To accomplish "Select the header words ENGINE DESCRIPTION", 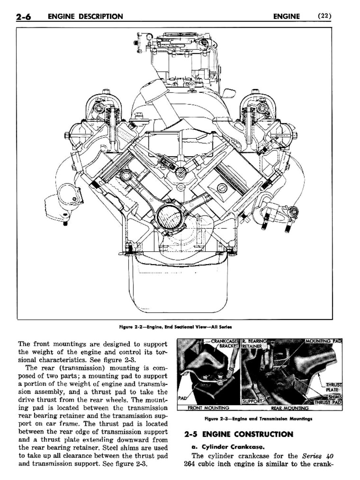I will click(x=85, y=16).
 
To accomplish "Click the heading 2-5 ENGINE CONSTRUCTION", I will click(x=239, y=434).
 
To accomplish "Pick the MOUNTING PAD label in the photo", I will click(x=323, y=341).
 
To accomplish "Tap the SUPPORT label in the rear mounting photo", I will click(x=252, y=401).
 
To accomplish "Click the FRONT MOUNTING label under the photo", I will click(x=208, y=408).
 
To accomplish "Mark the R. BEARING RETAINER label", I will click(x=254, y=344).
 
